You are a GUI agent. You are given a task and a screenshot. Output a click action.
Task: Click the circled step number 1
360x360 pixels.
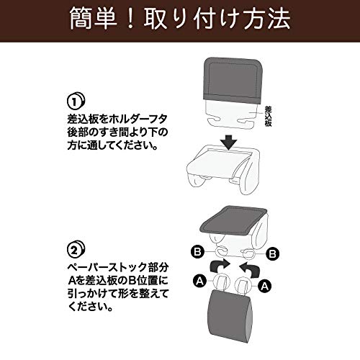76,102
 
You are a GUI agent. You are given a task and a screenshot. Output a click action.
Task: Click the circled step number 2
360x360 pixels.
76,250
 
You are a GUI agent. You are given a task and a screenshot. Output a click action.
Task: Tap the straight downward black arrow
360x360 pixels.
230,143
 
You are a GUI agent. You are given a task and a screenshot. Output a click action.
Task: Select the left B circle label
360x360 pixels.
197,252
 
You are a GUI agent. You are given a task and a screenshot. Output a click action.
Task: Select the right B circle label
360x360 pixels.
272,253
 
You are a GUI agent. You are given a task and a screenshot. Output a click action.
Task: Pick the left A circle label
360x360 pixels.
199,281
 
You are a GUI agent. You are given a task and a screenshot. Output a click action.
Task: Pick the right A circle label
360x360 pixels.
264,286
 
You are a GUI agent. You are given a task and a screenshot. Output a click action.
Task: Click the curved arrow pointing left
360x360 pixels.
250,269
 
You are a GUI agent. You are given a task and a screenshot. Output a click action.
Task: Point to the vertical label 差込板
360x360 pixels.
268,116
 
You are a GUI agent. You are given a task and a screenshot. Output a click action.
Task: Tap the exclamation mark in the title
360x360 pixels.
130,19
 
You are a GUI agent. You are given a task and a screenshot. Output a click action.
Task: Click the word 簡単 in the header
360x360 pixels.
94,19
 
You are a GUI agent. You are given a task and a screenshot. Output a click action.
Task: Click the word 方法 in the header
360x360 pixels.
266,19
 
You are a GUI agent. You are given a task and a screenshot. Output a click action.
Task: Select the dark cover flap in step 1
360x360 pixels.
233,81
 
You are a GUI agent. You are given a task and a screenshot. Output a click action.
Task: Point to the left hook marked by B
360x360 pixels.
221,252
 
